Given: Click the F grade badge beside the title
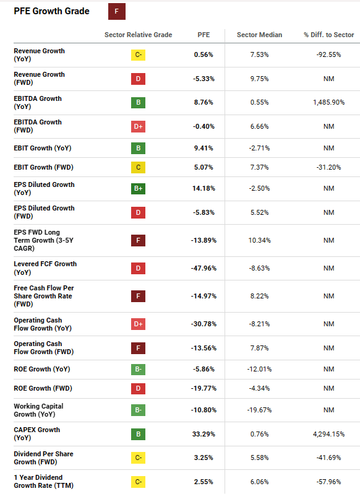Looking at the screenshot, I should tap(116, 11).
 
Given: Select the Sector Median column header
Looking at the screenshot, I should tap(259, 35).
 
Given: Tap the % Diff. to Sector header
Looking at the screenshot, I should tap(328, 35).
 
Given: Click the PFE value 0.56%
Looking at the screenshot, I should tap(204, 54).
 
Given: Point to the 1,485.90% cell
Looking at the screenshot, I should tap(328, 102).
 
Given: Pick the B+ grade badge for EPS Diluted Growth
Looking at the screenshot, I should tap(139, 188).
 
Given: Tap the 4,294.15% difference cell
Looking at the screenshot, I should tap(328, 434).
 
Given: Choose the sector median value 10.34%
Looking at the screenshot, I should tap(259, 240).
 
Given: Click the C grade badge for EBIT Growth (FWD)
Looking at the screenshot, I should tap(139, 167).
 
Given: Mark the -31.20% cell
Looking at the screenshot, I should tap(328, 167).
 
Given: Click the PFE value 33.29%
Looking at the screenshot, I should tap(204, 434).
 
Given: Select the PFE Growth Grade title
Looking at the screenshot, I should tap(51, 11).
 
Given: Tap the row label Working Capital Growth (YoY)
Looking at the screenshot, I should tap(38, 410).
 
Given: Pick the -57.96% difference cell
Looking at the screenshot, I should tap(328, 481).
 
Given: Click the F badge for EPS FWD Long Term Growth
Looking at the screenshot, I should tap(139, 240).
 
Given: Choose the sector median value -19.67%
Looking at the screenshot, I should tap(259, 410).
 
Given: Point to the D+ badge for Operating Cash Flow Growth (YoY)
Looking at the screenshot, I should tap(139, 324).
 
